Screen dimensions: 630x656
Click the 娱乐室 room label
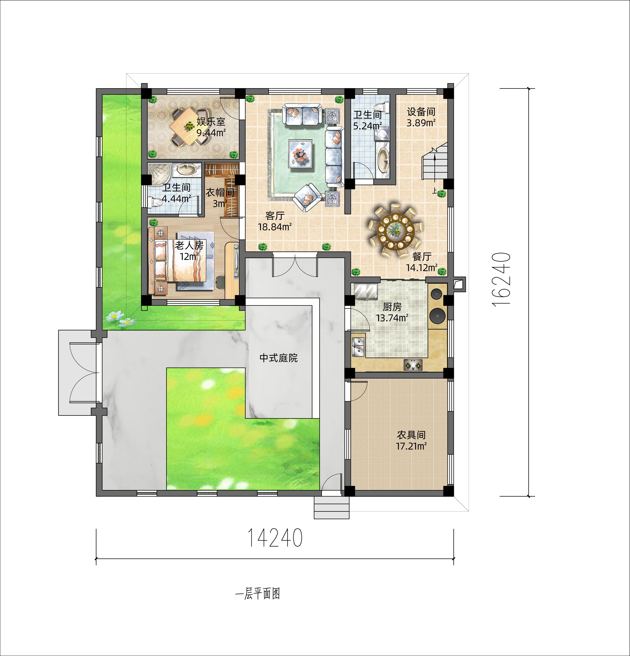[211, 122]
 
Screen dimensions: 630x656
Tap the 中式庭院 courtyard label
[278, 358]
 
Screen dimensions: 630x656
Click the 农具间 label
[411, 435]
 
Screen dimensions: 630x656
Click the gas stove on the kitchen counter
[413, 365]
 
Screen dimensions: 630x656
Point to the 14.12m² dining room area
[422, 268]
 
